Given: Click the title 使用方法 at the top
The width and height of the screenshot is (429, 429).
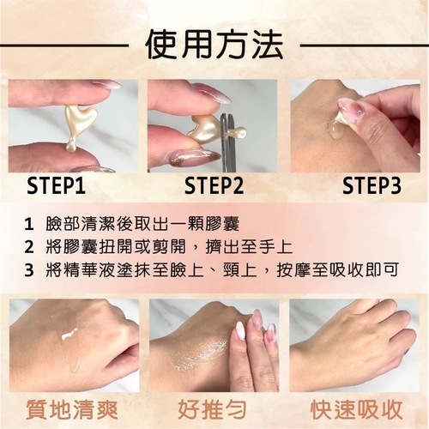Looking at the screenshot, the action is click(214, 45).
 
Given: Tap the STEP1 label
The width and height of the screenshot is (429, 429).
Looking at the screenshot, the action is click(56, 185).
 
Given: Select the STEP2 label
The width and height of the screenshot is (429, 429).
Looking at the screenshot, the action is click(214, 185).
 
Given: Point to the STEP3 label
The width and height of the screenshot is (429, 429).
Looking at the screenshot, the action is click(372, 185).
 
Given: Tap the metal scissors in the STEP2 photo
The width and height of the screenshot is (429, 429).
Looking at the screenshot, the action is click(228, 142).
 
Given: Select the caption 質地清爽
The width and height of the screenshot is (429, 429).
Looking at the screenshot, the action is click(72, 410).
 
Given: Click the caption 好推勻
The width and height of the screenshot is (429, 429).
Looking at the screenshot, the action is click(212, 410).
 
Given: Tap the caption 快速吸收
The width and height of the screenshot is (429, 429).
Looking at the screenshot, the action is click(357, 410).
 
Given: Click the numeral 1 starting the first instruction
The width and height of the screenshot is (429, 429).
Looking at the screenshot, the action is click(28, 225).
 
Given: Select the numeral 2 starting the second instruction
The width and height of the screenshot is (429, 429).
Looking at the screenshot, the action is click(29, 247).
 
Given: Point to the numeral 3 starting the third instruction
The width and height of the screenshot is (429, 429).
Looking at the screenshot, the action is click(29, 270).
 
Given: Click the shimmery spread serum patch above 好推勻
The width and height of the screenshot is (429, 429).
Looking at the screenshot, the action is click(197, 353).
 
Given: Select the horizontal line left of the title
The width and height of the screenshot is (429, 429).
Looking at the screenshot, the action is click(64, 45).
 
